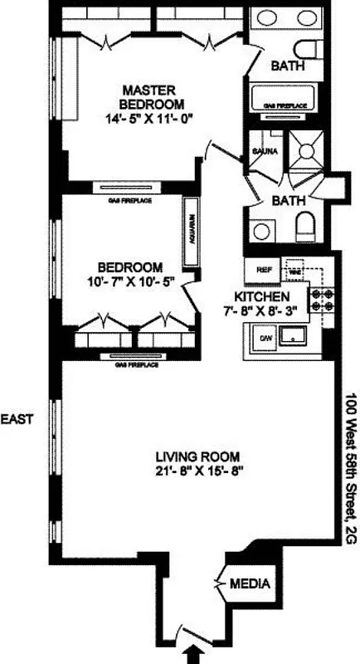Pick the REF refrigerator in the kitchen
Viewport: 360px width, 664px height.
coord(264,270)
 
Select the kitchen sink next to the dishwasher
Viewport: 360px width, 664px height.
coord(294,337)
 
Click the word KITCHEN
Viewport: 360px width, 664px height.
coord(261,296)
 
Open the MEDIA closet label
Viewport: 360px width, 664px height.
coord(251,584)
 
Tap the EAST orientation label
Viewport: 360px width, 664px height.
coord(17,419)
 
